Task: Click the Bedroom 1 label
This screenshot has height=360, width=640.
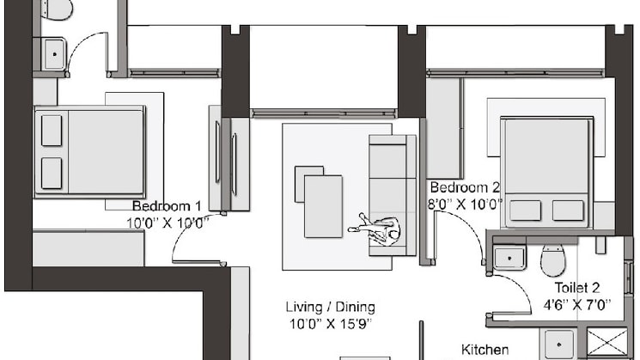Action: coord(168,206)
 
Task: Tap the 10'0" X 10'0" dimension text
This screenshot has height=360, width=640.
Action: coord(168,221)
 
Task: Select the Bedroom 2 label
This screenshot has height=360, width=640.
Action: coord(465,188)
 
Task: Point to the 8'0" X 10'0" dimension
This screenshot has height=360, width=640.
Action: coord(465,204)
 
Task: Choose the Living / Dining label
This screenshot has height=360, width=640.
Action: coord(330,307)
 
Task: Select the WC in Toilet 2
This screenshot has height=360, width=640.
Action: coord(552,259)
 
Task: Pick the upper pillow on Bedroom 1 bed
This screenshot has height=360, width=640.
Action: coord(52,126)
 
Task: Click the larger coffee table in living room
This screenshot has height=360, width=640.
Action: coord(323,204)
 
